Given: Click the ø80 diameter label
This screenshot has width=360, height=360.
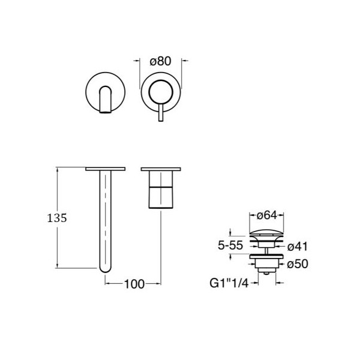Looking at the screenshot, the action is click(160, 61).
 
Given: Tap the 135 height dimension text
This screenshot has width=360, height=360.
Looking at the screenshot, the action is click(57, 218).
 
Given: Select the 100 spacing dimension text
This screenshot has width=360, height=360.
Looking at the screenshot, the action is click(134, 284).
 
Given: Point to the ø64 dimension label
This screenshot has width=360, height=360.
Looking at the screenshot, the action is click(266, 215).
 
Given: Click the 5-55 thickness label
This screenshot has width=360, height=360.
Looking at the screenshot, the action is click(230, 245).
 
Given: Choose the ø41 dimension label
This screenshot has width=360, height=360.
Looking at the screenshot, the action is click(298, 247).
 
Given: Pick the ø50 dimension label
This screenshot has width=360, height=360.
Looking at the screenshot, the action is click(298, 264).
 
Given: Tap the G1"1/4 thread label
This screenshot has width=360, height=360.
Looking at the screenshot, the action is click(229, 283).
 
